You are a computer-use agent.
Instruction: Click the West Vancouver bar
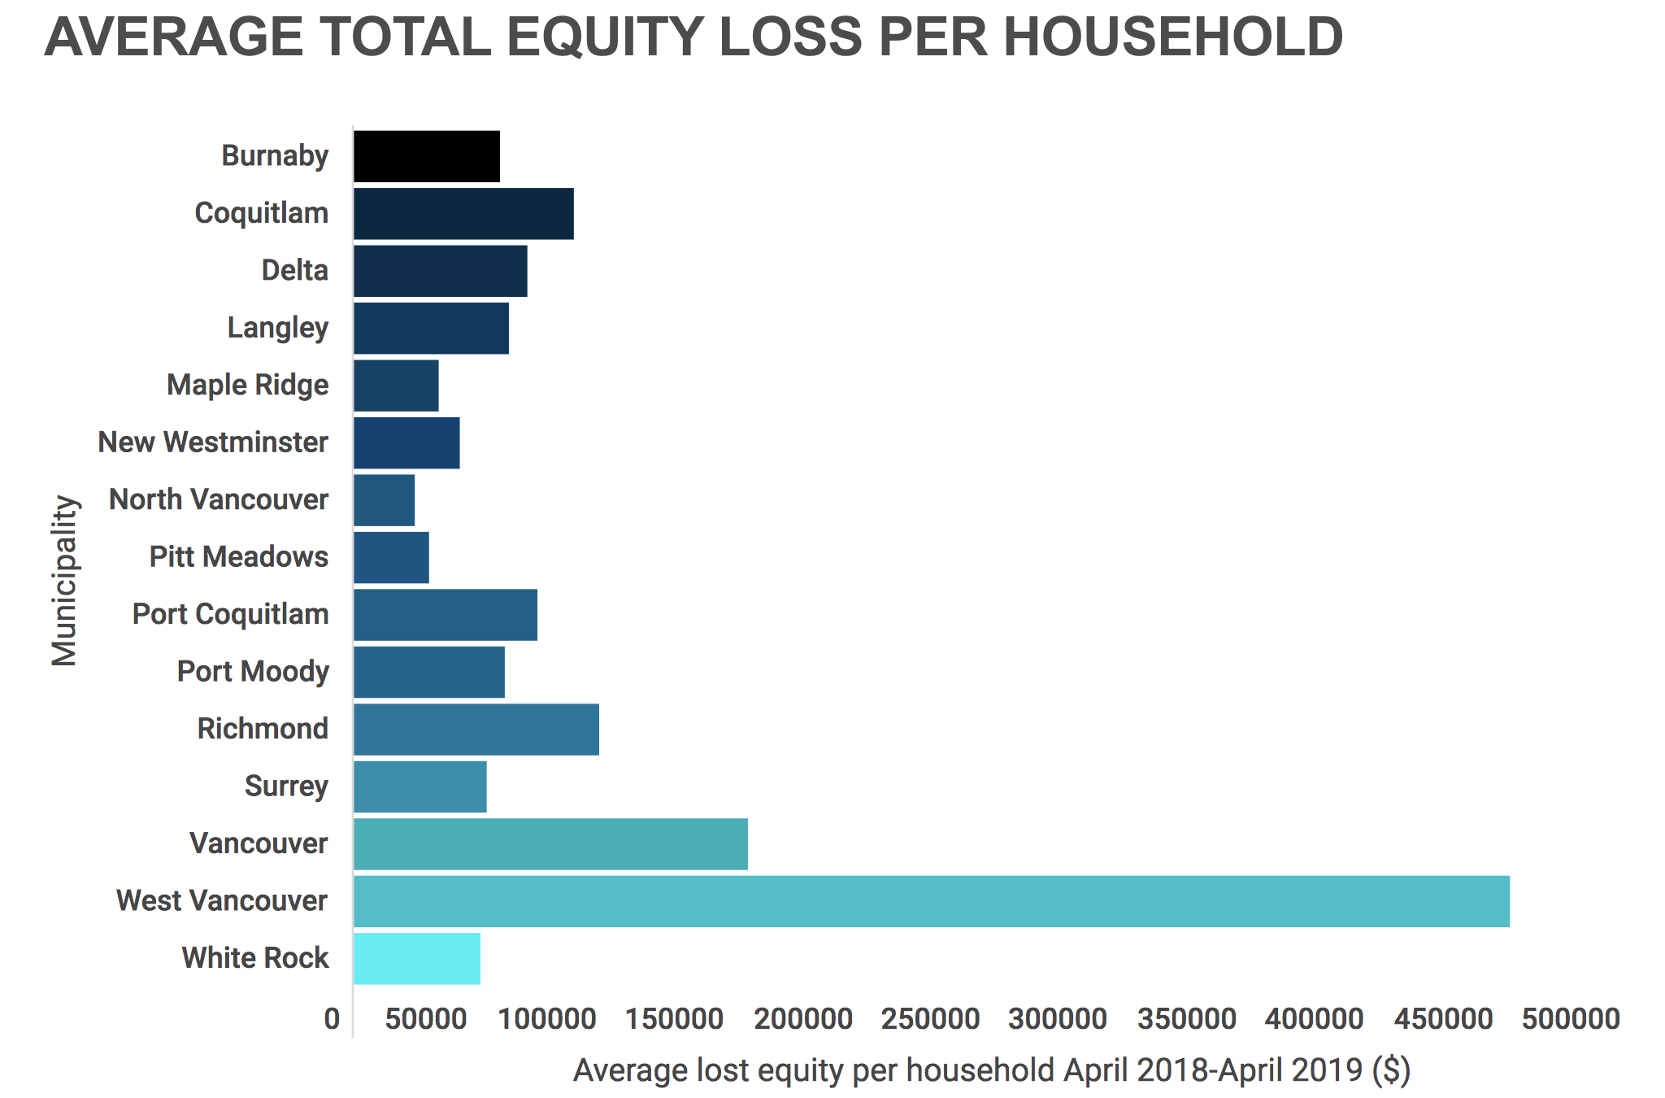[x=932, y=901]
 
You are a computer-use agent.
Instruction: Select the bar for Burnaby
[x=427, y=156]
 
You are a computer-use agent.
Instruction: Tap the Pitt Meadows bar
[x=391, y=558]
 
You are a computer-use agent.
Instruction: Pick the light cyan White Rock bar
[x=417, y=959]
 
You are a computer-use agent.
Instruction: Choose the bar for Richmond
[x=476, y=730]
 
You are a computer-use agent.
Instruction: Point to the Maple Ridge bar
[x=396, y=386]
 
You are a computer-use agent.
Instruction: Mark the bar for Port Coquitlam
[x=446, y=615]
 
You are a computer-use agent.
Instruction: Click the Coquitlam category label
[x=262, y=213]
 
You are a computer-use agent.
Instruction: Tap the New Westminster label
[x=213, y=442]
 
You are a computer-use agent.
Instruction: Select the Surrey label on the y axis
[x=286, y=786]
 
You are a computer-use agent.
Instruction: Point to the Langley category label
[x=278, y=328]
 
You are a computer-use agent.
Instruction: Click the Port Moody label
[x=253, y=672]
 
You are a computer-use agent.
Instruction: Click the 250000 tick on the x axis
[x=930, y=1018]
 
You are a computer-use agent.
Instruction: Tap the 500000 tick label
[x=1571, y=1018]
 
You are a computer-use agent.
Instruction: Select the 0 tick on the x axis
[x=332, y=1018]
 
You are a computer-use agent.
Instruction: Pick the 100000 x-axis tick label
[x=546, y=1018]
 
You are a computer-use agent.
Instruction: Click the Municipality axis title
[x=64, y=581]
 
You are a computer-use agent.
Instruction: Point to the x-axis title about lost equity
[x=992, y=1070]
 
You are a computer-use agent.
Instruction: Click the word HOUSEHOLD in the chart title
[x=1174, y=37]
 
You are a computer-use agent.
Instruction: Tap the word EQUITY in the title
[x=604, y=37]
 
